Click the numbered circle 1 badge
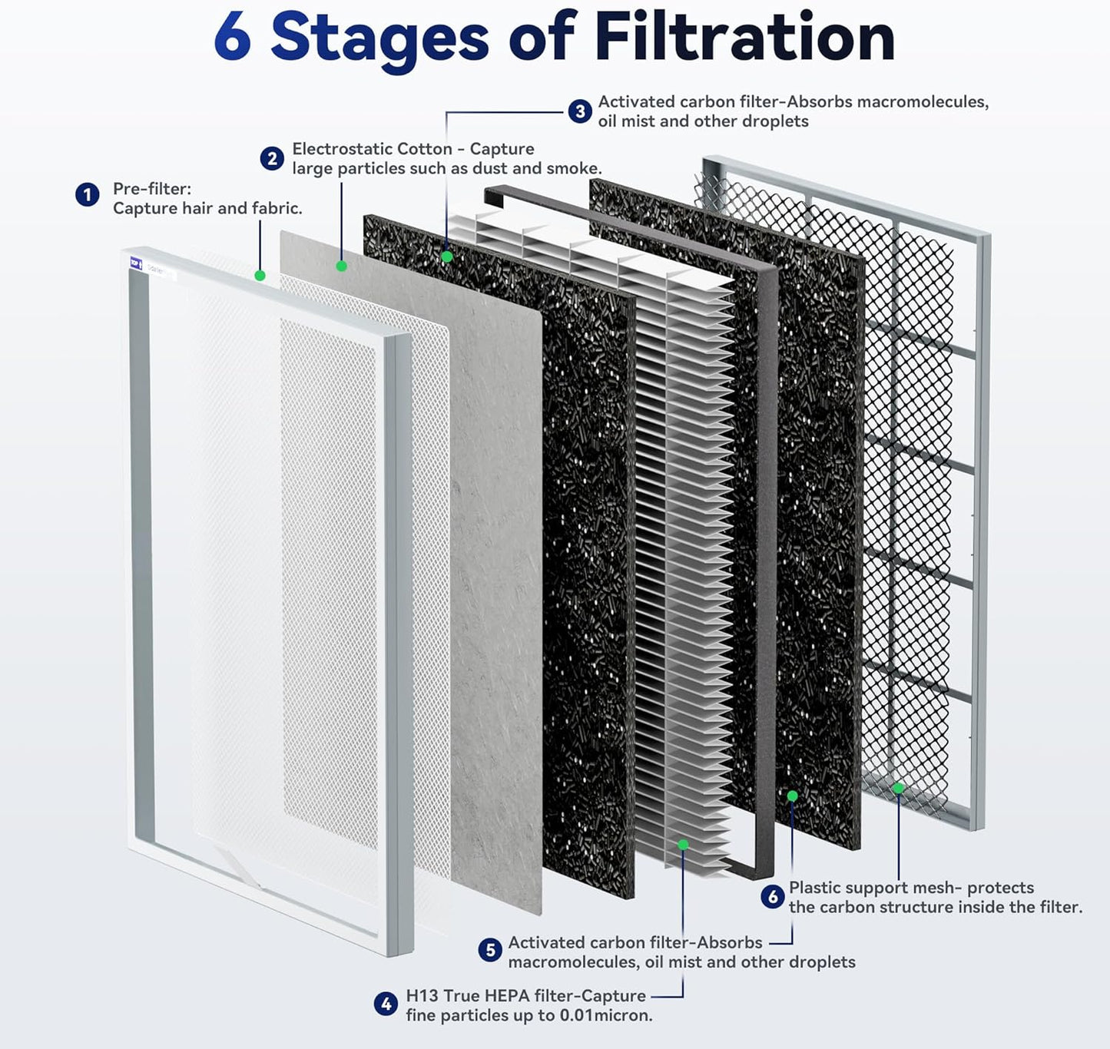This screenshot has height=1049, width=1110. [87, 195]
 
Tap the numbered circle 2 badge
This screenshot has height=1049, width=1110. [271, 158]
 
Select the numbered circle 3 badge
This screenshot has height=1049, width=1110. [580, 111]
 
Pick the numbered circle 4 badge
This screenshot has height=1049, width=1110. [386, 1004]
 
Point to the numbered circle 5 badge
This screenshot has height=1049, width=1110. [489, 951]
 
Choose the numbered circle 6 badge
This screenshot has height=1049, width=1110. [772, 896]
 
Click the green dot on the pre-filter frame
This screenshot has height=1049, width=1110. [260, 275]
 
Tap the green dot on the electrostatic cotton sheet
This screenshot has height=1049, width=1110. [341, 266]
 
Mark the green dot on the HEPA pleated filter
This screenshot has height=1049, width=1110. [683, 845]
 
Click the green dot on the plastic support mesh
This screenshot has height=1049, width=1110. [897, 788]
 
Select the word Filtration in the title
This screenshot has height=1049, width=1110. [744, 38]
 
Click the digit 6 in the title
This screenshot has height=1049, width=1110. [232, 38]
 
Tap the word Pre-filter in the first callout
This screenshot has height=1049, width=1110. [151, 189]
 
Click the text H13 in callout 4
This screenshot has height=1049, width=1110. [422, 996]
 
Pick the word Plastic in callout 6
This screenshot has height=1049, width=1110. [816, 888]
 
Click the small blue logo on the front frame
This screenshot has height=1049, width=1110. [135, 263]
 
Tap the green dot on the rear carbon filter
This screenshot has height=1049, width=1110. [792, 796]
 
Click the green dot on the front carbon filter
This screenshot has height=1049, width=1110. [447, 256]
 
